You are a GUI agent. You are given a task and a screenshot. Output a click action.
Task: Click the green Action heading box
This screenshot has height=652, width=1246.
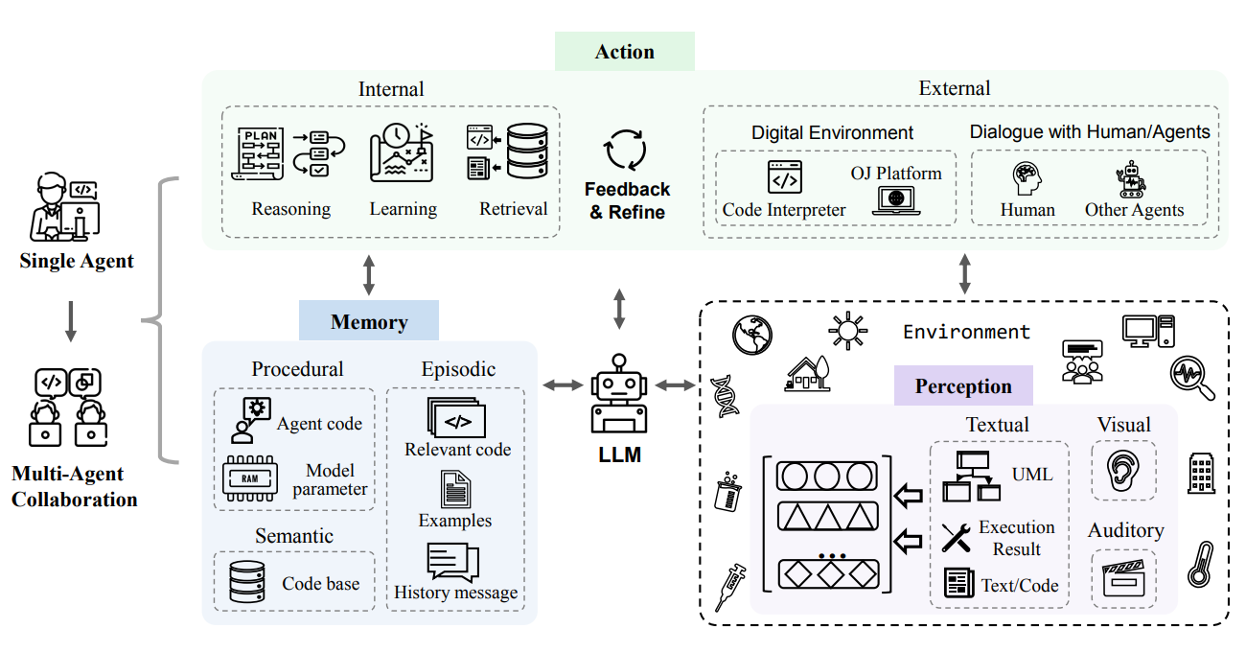[x=624, y=51]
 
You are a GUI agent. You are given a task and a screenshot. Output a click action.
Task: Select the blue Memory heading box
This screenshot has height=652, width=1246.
[x=369, y=321]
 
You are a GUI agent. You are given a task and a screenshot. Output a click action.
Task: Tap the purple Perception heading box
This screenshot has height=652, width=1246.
[x=962, y=385]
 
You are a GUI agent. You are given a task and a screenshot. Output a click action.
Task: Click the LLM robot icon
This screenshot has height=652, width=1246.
[x=619, y=394]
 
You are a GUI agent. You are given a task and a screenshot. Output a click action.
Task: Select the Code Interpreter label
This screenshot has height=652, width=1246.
[x=784, y=210]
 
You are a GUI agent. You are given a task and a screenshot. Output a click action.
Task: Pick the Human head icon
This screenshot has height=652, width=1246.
[x=1027, y=179]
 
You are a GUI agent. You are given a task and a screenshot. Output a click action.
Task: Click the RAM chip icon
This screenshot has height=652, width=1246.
[x=248, y=479]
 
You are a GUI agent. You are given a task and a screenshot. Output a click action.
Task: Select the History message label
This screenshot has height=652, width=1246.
[x=455, y=593]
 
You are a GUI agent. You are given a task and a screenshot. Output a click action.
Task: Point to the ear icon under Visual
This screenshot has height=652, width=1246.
[x=1122, y=470]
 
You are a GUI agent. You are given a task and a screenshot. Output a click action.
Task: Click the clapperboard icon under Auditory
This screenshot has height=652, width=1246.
[x=1123, y=579]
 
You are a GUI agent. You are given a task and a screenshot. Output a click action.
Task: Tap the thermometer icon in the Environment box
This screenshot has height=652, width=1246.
[x=1200, y=564]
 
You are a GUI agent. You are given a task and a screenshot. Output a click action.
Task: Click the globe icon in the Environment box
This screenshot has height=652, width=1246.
[x=752, y=335]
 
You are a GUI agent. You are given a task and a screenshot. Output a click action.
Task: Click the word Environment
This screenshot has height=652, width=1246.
[x=966, y=332]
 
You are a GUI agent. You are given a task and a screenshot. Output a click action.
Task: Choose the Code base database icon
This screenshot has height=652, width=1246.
[x=246, y=582]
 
